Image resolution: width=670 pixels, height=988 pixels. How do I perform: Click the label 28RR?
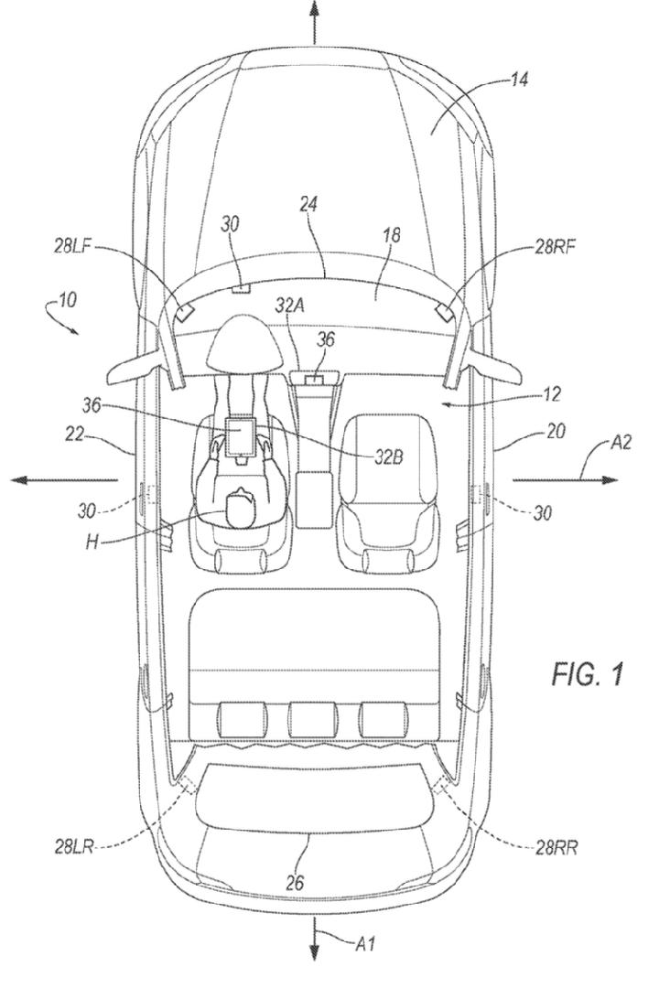tap(556, 848)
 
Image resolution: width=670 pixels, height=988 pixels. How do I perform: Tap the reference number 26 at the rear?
tap(295, 883)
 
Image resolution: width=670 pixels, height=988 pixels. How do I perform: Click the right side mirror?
tap(494, 369)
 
